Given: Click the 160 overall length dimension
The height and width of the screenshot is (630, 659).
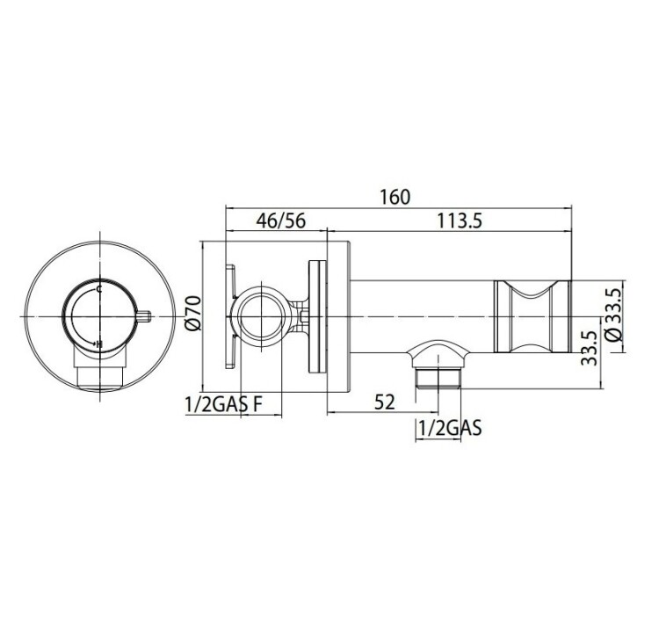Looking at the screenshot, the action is (395, 197).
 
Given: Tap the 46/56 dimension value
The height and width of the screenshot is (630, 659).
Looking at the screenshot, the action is (281, 221).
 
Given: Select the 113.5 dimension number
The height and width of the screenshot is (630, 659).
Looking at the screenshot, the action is (460, 221).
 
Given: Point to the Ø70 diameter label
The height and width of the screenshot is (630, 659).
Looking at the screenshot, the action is (193, 313).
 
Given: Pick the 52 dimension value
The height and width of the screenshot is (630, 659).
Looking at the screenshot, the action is (385, 402).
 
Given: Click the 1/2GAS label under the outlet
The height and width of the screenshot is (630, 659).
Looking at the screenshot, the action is (450, 428).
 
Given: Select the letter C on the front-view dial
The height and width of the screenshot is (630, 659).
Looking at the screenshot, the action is (99, 289).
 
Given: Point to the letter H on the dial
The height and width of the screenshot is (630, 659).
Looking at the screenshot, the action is (99, 344).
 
